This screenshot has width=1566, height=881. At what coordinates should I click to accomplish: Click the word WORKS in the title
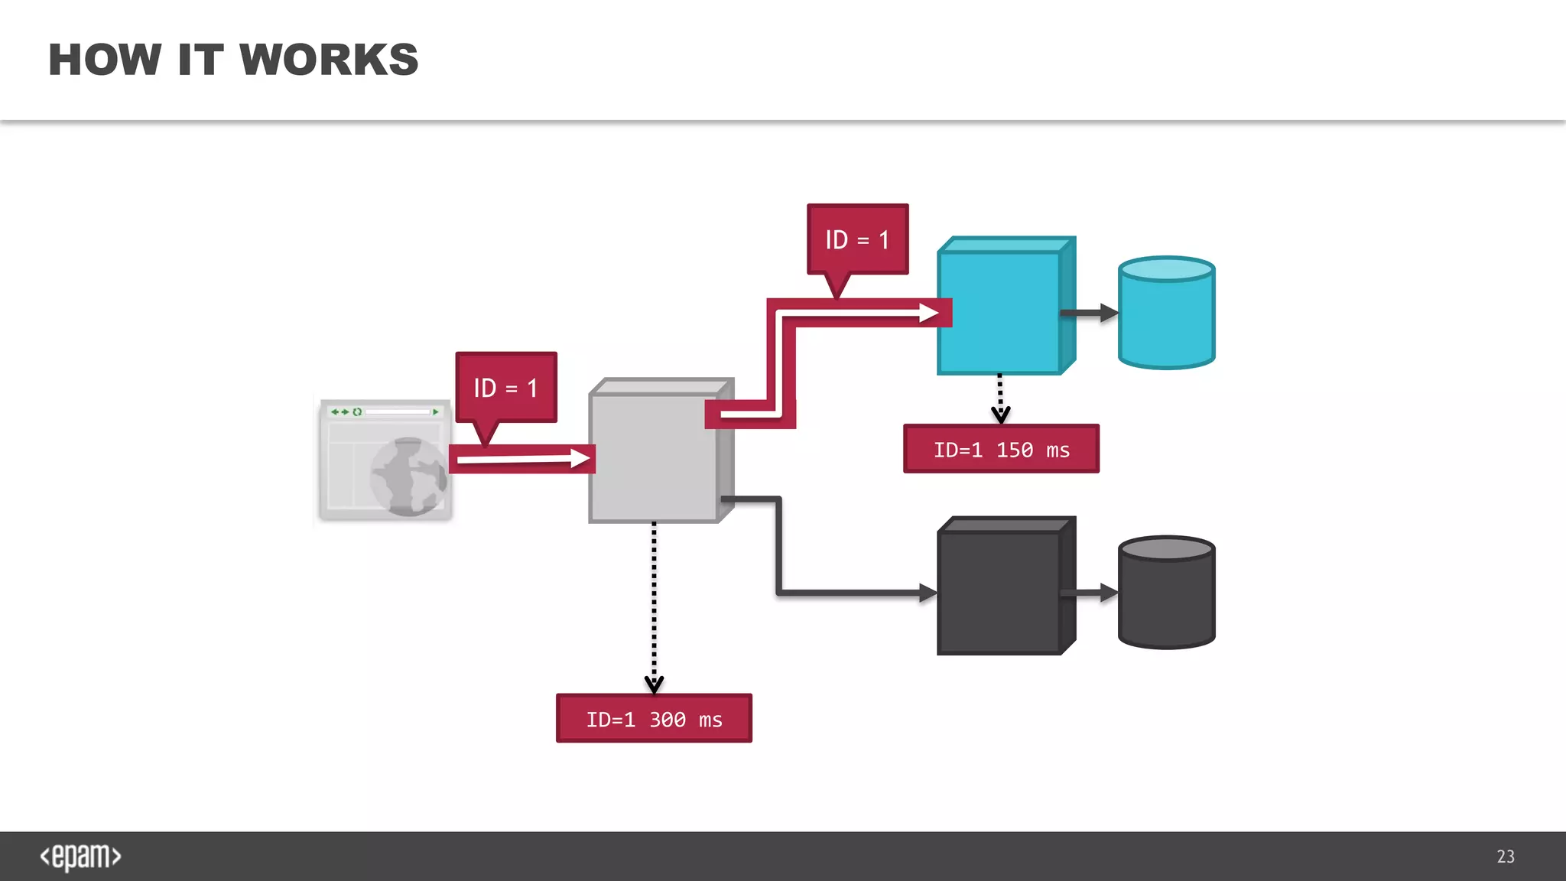[x=329, y=60]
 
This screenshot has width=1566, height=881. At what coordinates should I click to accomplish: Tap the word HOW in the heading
[x=105, y=60]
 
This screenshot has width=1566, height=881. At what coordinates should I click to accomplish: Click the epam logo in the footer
[x=80, y=857]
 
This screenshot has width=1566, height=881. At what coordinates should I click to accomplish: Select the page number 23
[x=1505, y=857]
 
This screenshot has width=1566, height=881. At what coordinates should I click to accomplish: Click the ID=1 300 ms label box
[x=654, y=719]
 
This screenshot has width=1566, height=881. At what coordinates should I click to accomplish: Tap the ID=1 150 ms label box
[x=1001, y=450]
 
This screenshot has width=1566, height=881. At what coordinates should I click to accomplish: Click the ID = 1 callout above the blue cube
[x=857, y=240]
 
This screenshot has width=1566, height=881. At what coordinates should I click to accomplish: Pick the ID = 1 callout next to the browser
[x=505, y=388]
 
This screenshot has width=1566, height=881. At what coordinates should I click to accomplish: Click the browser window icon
[x=385, y=460]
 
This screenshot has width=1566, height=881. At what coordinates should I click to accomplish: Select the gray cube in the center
[x=653, y=457]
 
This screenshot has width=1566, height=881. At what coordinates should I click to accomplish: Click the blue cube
[x=999, y=313]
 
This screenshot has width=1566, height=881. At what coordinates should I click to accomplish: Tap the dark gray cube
[x=999, y=592]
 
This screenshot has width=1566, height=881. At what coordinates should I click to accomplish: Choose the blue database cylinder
[x=1166, y=314]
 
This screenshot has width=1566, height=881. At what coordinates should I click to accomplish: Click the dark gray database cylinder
[x=1166, y=593]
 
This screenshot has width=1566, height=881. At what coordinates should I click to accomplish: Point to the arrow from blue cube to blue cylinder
[x=1089, y=313]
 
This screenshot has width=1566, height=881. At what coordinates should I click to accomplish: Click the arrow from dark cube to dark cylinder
[x=1089, y=593]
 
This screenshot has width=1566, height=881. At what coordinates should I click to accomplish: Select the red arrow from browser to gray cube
[x=522, y=459]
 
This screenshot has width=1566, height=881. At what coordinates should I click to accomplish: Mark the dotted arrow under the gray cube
[x=654, y=604]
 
